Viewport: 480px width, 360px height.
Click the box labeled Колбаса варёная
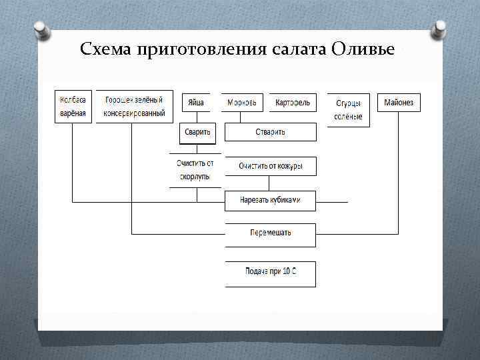point(73,107)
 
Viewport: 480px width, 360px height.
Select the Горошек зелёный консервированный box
point(134,107)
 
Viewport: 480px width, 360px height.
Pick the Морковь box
point(242,103)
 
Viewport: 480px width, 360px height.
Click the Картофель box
point(293,103)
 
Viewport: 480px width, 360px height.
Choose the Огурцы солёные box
point(348,110)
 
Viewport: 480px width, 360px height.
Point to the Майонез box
point(399,103)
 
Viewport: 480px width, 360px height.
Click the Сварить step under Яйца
point(198,132)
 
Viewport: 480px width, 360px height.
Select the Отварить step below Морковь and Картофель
point(270,132)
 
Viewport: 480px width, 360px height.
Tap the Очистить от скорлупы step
point(195,170)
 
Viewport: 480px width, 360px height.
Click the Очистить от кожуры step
point(270,166)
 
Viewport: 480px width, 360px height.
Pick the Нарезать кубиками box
point(270,200)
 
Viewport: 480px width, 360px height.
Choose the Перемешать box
point(270,234)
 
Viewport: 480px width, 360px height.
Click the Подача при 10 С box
point(270,273)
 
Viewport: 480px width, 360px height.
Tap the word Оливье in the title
point(362,50)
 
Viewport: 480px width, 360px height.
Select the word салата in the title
point(298,50)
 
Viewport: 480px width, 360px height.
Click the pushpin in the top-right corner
point(439,29)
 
